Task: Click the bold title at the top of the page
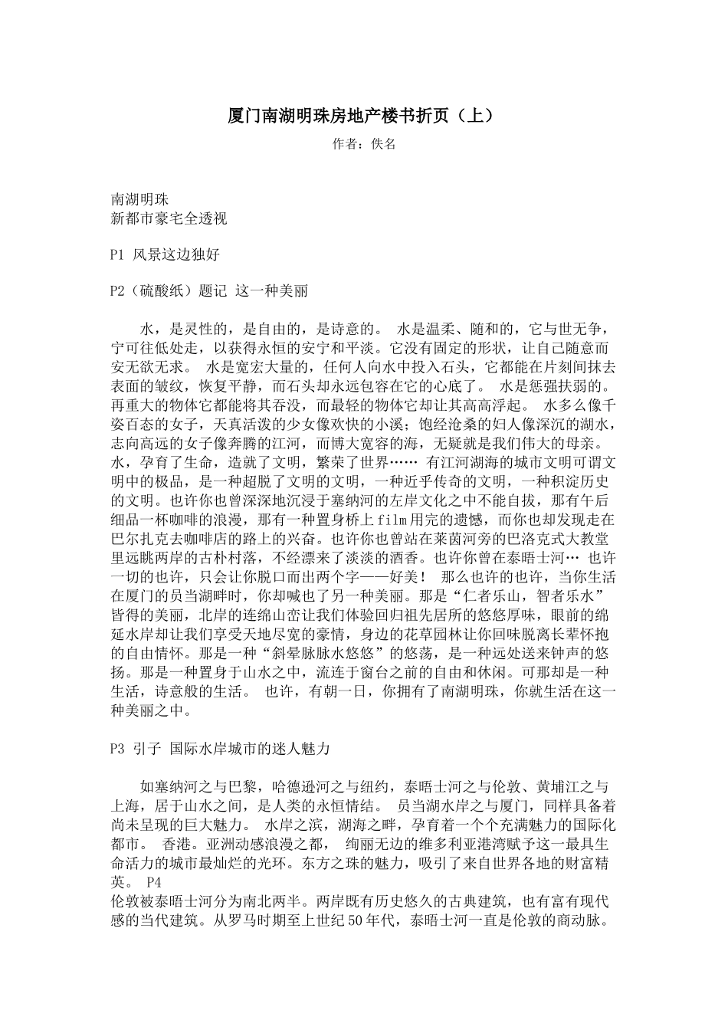pos(363,116)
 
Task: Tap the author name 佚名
pos(382,144)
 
